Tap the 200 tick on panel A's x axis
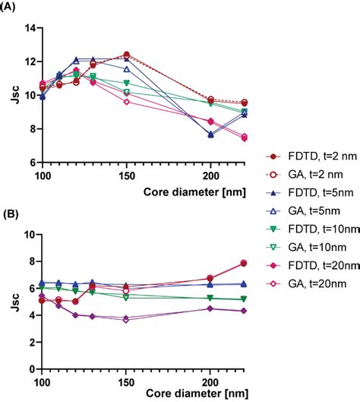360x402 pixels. tap(210, 175)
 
